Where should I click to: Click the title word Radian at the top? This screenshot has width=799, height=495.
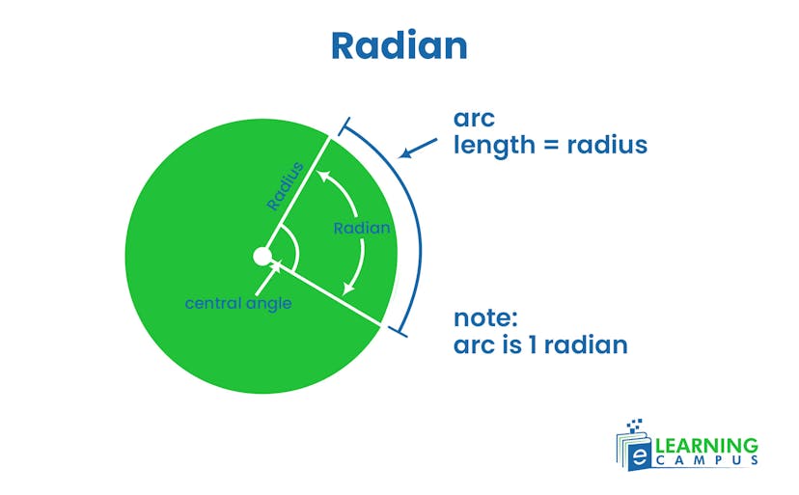(x=399, y=44)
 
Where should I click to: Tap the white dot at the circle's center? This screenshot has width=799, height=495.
(x=262, y=257)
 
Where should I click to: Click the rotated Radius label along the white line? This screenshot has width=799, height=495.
(x=286, y=186)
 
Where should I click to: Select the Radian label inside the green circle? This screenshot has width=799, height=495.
(x=362, y=229)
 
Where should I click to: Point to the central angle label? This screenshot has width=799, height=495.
(x=238, y=303)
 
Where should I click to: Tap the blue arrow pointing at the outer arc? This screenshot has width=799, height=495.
(x=417, y=150)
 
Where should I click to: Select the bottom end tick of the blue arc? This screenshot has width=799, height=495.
(x=397, y=331)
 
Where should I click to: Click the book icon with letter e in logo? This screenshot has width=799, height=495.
(x=634, y=451)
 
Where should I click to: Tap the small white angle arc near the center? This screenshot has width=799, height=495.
(x=292, y=252)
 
